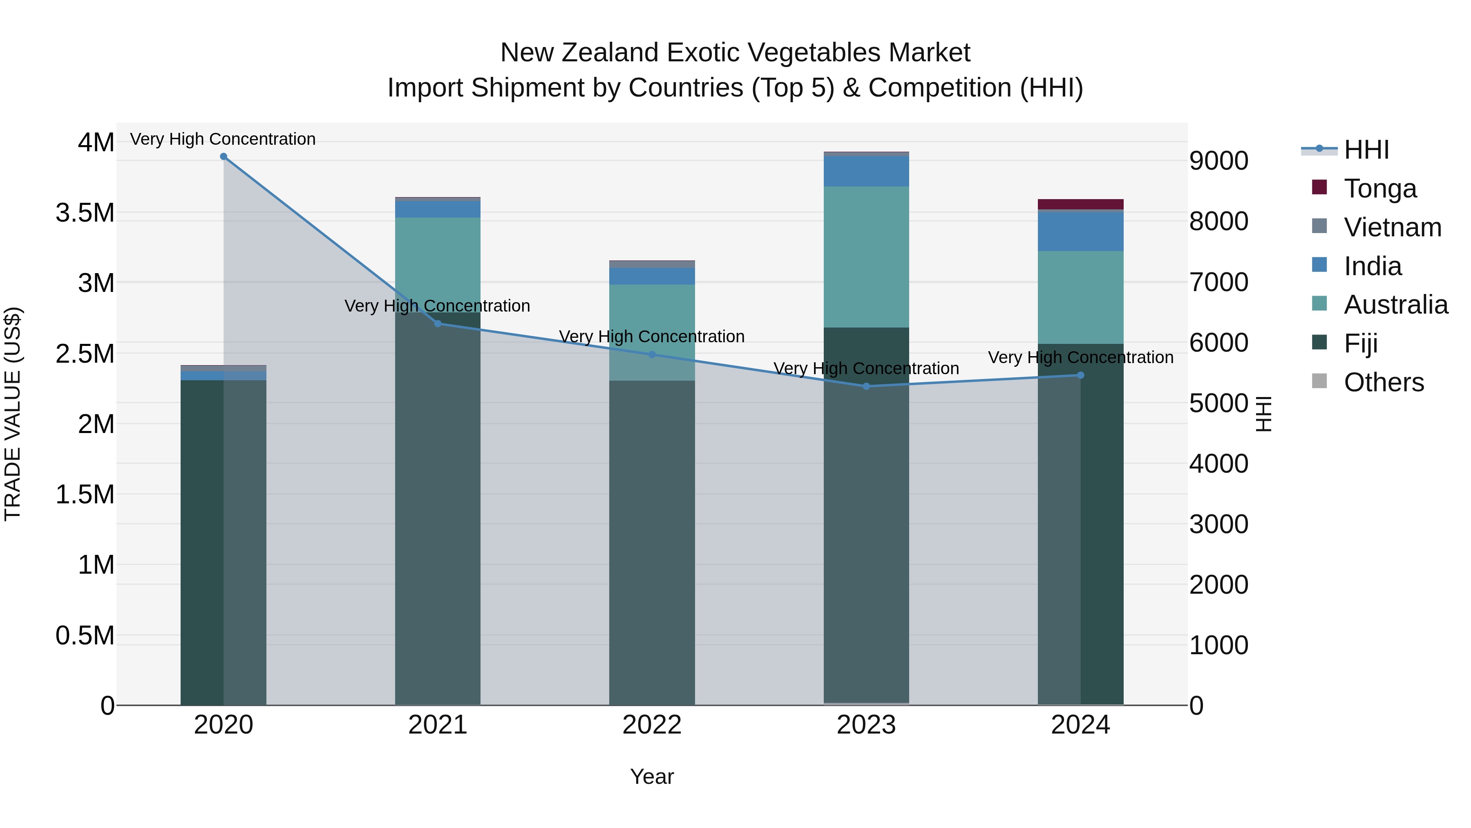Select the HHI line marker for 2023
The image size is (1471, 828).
point(866,386)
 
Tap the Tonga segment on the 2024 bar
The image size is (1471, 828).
point(1080,204)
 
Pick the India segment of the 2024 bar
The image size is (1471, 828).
point(1080,231)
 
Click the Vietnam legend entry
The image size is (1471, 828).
point(1392,227)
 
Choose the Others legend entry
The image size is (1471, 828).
point(1384,382)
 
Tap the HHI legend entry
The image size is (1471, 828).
point(1366,150)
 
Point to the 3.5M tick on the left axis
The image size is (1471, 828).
point(85,213)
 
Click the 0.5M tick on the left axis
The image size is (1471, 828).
point(85,635)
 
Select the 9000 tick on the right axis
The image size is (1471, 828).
point(1218,161)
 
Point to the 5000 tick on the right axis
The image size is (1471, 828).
point(1218,404)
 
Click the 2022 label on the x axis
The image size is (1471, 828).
point(652,725)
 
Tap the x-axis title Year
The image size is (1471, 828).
point(652,776)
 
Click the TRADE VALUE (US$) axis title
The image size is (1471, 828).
point(13,414)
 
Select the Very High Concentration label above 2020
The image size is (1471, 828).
point(223,139)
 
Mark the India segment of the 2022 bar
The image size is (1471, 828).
point(652,276)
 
